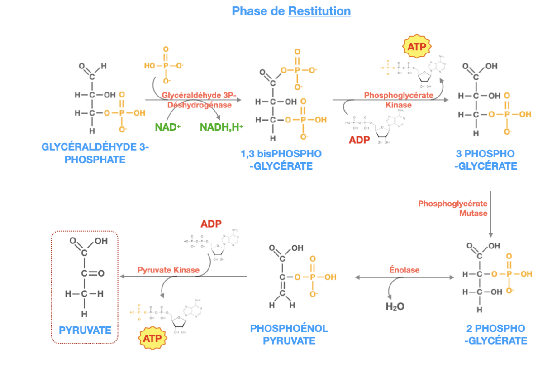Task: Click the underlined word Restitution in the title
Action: coord(319,11)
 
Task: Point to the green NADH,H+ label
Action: coord(221,127)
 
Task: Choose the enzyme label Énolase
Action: coord(404,270)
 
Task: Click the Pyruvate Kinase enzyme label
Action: coord(168,270)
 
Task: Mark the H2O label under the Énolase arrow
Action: coord(395,306)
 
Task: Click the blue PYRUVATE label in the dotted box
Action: coord(85,330)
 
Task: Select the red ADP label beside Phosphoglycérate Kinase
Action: coord(360,140)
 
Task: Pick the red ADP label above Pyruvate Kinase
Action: coord(212,224)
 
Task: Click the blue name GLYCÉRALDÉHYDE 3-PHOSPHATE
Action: coord(95,153)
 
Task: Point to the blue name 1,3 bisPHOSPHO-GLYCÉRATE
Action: coord(281,160)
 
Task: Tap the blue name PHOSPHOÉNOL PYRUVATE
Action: coord(289,334)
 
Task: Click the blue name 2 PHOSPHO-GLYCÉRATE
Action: coord(495,334)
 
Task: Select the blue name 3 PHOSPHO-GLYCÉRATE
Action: coord(485,160)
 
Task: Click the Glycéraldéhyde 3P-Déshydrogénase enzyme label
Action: coord(199,100)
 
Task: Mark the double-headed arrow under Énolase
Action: coord(404,277)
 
